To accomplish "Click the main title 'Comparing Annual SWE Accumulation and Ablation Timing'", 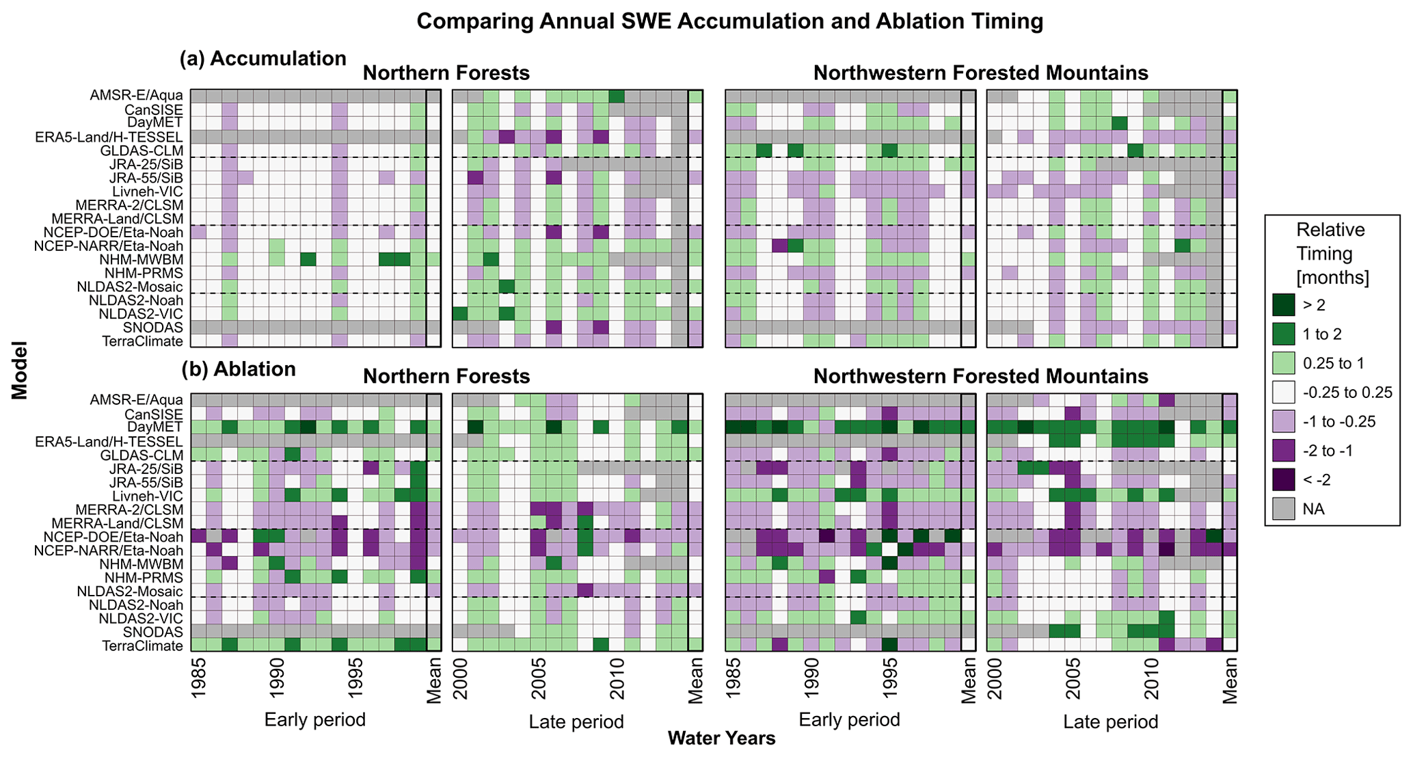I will point(729,21).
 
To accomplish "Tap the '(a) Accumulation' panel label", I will point(263,59).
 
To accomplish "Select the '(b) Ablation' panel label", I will point(239,369).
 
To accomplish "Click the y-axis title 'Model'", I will point(19,370).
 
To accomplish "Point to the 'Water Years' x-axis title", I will point(721,739).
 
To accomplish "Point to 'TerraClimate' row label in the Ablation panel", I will point(142,646).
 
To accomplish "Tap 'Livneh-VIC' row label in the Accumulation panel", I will point(148,191).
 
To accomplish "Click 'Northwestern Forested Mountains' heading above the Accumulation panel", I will point(981,73).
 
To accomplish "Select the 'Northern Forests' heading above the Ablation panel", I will point(446,377).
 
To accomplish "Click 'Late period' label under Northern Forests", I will point(576,722).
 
